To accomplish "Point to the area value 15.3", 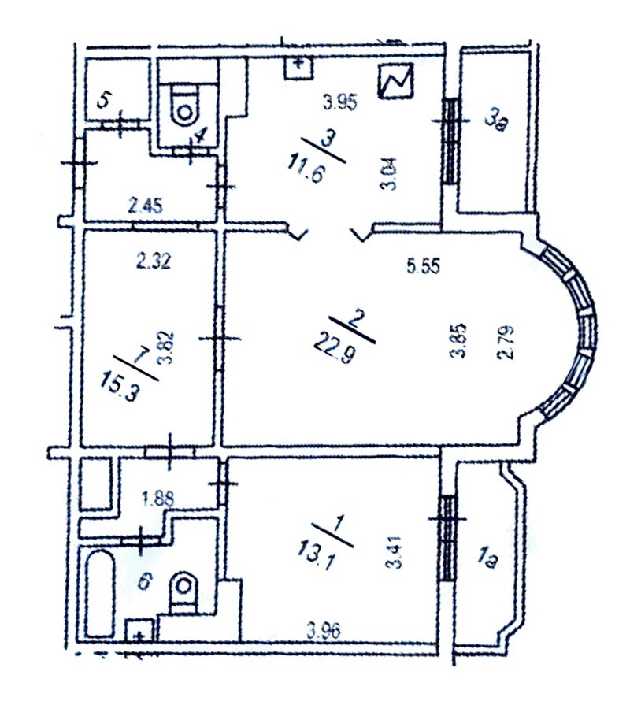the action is [118, 388].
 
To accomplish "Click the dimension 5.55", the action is [424, 266].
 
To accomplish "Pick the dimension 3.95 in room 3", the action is [340, 103].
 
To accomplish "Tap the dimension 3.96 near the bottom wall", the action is [324, 630].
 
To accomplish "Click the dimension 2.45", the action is [146, 206].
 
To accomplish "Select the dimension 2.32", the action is [153, 261].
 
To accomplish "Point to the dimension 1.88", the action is [157, 499].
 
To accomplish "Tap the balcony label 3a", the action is [496, 121].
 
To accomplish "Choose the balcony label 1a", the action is [487, 559].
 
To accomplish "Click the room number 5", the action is [103, 102].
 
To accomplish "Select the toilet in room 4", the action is [184, 103].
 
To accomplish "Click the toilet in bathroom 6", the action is [183, 590].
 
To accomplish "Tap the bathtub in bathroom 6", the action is [100, 594].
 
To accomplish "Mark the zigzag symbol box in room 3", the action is [395, 81].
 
